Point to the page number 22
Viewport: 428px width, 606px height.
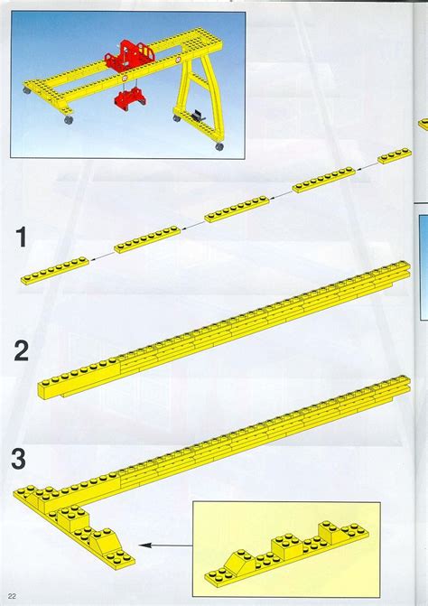click(13, 596)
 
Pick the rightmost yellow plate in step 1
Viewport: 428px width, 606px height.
click(394, 156)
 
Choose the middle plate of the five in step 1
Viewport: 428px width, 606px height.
click(234, 212)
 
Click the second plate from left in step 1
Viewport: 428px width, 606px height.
click(145, 239)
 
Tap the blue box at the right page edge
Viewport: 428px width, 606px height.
click(422, 266)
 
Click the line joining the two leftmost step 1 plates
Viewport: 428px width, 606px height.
click(101, 255)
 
